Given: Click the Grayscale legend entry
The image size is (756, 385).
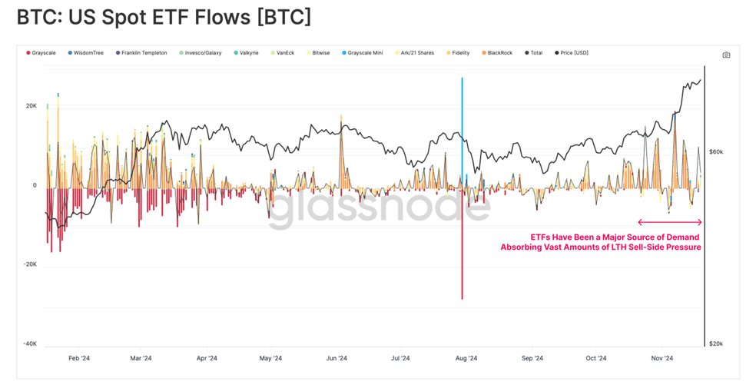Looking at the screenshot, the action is (x=41, y=53).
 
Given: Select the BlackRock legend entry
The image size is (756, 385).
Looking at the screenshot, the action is (x=497, y=53).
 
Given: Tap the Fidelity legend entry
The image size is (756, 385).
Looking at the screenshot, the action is (x=458, y=53).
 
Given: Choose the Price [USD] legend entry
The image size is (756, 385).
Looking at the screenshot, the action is (x=572, y=53).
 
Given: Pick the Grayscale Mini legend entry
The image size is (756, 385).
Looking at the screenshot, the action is (x=363, y=53).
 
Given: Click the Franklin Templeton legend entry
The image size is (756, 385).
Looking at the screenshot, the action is (x=141, y=53).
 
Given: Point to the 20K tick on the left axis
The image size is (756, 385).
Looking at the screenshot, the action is (x=31, y=105).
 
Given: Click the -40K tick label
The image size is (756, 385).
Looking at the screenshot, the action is (x=30, y=344).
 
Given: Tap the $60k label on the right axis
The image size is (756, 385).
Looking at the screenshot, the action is (x=716, y=152).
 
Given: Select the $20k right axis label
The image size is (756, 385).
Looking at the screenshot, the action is (x=716, y=344).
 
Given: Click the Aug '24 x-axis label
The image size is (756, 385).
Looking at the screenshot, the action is (x=466, y=358).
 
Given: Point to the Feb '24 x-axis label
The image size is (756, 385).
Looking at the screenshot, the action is (x=79, y=358).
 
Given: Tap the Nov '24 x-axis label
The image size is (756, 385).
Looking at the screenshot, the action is (x=662, y=358).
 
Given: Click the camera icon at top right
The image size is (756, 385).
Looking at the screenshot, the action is (x=726, y=55).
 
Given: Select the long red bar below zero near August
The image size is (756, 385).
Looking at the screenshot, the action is (x=462, y=244).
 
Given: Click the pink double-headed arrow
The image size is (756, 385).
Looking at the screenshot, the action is (x=670, y=222).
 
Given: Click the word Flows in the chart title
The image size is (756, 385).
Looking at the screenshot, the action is (x=222, y=18).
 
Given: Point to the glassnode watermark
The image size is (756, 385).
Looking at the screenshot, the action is (x=379, y=208).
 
